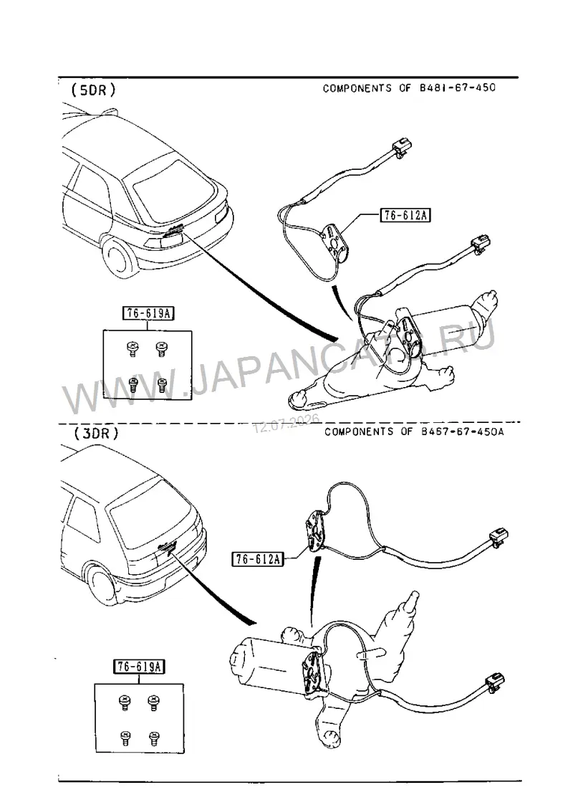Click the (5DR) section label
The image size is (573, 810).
(x=93, y=90)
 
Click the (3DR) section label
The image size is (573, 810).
(x=96, y=433)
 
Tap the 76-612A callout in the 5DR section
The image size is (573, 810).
(x=405, y=215)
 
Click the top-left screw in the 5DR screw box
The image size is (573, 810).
(x=133, y=349)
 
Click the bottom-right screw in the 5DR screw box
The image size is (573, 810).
(x=163, y=383)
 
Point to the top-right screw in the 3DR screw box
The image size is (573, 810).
(x=153, y=702)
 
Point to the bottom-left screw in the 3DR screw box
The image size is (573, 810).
(x=125, y=737)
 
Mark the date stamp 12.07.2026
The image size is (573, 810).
(x=286, y=423)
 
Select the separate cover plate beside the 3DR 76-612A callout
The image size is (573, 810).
(x=315, y=530)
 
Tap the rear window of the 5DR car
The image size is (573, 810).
(x=168, y=186)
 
